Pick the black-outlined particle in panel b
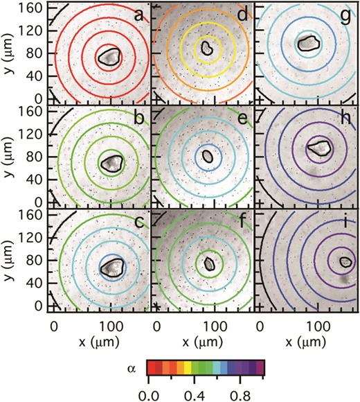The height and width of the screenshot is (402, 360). (111, 164)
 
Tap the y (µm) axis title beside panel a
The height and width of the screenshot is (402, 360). (10, 54)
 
